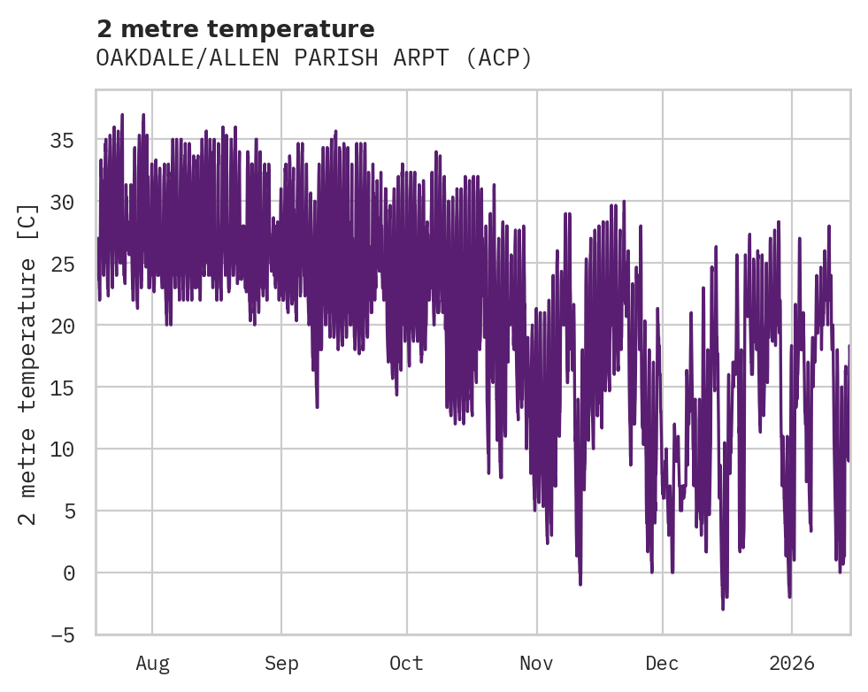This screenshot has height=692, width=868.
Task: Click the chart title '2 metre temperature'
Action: [235, 29]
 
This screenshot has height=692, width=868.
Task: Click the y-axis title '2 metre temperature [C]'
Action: [29, 363]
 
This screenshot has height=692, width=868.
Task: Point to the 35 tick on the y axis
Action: [61, 141]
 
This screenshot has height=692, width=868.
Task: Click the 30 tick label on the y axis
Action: [61, 203]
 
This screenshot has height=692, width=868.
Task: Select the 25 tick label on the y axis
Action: [61, 265]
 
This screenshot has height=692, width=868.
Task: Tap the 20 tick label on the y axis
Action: [61, 326]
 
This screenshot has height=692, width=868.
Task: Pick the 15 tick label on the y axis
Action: [61, 388]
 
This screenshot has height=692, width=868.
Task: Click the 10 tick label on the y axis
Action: [61, 450]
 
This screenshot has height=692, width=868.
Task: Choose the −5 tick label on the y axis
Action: [61, 635]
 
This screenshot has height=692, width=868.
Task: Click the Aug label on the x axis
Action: [152, 664]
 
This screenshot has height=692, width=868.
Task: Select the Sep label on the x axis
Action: [281, 664]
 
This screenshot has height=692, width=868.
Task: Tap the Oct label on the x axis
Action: [407, 664]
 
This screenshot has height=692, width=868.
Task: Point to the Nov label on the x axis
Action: [536, 664]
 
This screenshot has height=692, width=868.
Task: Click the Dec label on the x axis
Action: [662, 664]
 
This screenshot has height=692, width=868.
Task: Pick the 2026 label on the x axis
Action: [791, 664]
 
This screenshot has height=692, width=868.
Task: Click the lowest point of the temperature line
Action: [723, 609]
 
